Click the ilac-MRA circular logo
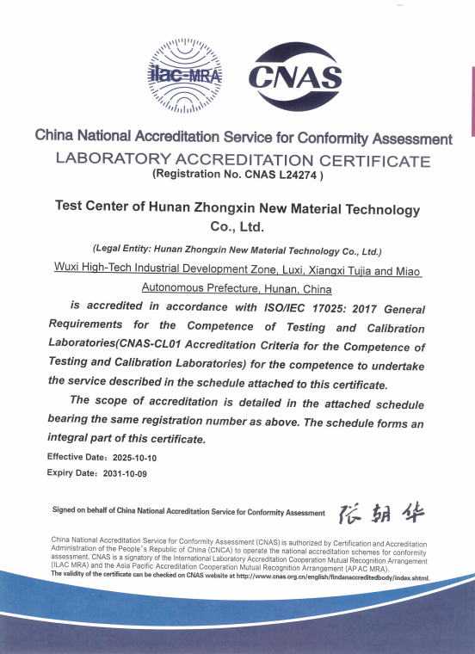[185, 77]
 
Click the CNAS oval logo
[295, 78]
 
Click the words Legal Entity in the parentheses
[126, 251]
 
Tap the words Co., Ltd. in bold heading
[237, 227]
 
